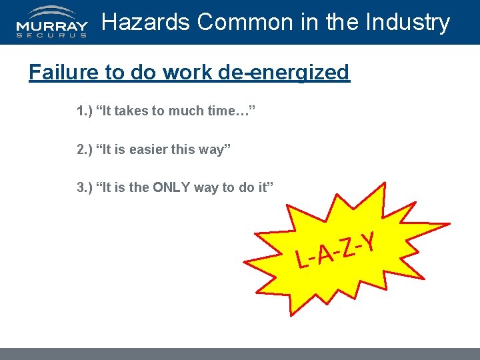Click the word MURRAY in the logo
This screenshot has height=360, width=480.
51,27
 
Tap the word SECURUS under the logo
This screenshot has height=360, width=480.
51,35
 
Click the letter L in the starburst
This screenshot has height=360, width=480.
303,260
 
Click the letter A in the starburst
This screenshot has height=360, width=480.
325,254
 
